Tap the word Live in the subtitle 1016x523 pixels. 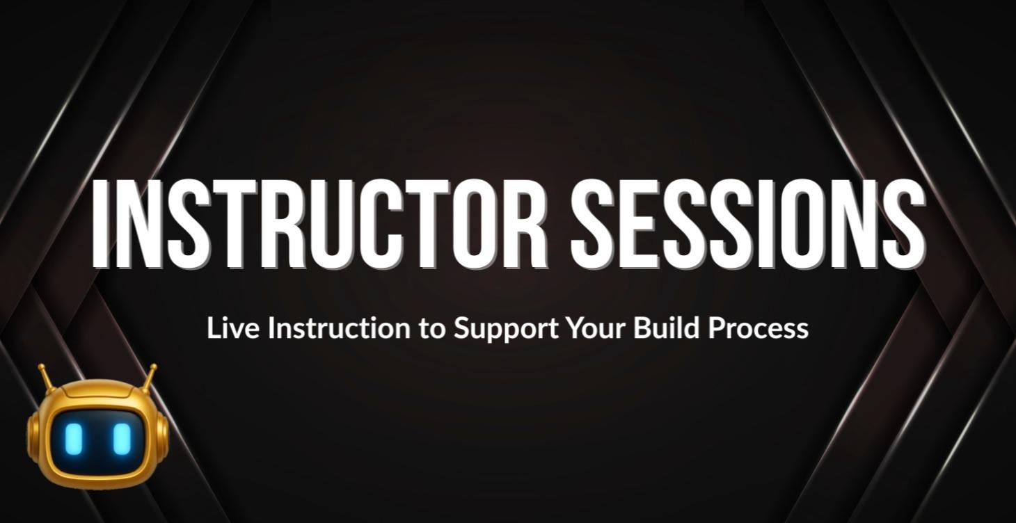click(x=234, y=328)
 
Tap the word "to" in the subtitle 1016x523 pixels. click(x=431, y=328)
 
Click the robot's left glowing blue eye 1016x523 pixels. click(x=74, y=438)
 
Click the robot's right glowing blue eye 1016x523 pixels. click(x=122, y=438)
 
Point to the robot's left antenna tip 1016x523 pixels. click(x=42, y=367)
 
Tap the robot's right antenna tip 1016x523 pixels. click(x=152, y=367)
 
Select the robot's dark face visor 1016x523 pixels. click(x=97, y=438)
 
